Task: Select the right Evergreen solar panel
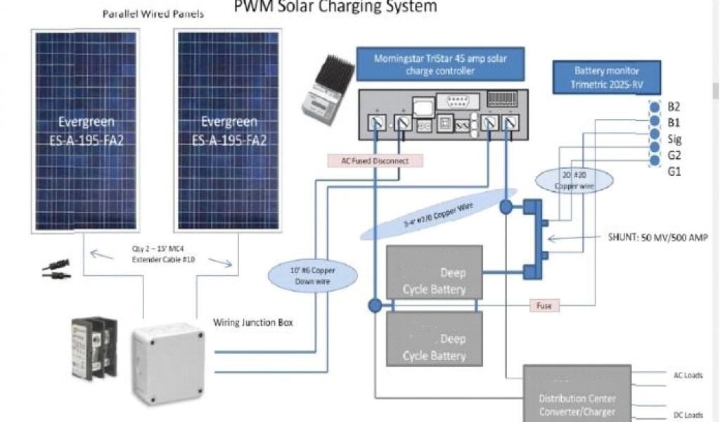[x=229, y=130]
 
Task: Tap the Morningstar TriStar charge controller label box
[x=440, y=65]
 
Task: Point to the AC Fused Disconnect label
[x=375, y=160]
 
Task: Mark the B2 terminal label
[x=674, y=107]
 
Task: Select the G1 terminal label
[x=674, y=172]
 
